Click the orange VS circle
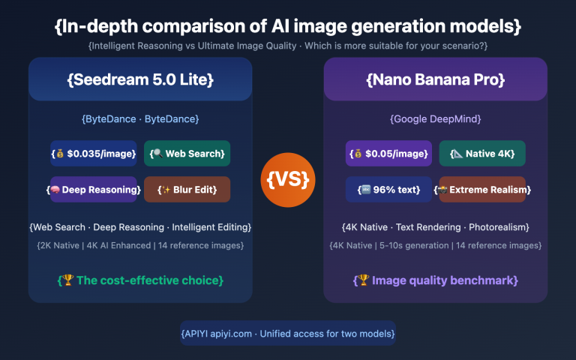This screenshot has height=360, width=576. coord(288,181)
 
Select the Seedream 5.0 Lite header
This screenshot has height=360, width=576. coord(140,79)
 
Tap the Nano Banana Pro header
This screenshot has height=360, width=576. coord(436,79)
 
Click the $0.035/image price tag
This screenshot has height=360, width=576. coord(94,154)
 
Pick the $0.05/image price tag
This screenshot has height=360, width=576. coord(388,154)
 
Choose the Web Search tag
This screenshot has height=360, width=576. coord(187,154)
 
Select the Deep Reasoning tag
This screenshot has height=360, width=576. coord(94,190)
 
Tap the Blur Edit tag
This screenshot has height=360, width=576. coord(187,190)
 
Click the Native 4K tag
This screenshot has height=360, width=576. coord(482,154)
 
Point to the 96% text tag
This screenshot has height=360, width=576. coord(388,190)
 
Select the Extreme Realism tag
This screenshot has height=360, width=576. coord(482,190)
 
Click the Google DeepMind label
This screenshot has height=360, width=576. coord(436,119)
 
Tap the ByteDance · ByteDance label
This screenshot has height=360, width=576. coord(140,119)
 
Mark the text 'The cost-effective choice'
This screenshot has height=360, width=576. coord(140,280)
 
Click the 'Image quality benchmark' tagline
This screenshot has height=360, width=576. coord(436,280)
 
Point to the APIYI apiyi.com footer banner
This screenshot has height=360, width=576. coord(288,333)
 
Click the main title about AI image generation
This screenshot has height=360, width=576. coord(288,26)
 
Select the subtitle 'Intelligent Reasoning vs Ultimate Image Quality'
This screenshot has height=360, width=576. coord(288,46)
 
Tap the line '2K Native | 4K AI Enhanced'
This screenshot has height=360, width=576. coord(140,245)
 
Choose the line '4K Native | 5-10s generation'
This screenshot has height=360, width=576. coord(436,245)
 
